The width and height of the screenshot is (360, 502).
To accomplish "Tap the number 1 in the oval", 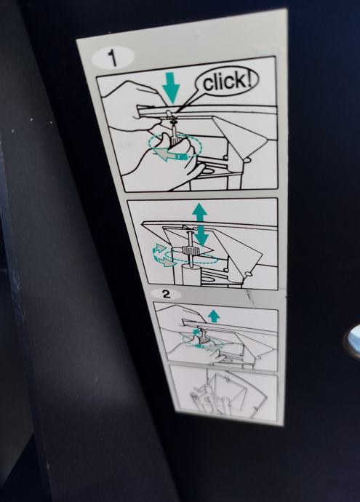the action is (112, 58).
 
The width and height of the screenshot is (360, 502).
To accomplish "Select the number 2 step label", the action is (167, 294).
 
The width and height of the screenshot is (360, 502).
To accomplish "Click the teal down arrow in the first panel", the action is (172, 88).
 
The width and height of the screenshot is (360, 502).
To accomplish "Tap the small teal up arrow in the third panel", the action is (214, 316).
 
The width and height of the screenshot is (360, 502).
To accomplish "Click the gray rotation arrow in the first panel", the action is (167, 155).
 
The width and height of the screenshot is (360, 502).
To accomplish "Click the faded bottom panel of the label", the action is (224, 393).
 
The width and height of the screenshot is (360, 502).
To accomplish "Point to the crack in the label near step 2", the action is (250, 298).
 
